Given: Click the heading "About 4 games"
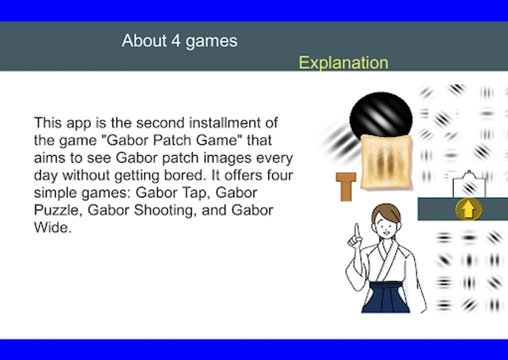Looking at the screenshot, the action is click(x=180, y=41).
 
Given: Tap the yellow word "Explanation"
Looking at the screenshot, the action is click(x=343, y=63).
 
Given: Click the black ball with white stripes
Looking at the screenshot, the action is click(x=381, y=116).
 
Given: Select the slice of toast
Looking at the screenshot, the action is click(x=386, y=162).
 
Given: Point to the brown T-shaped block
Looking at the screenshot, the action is click(x=346, y=187).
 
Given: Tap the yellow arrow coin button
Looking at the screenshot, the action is click(x=469, y=209).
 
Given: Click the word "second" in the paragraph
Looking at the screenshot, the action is click(x=161, y=123).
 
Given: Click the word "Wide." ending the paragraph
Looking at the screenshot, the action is click(x=52, y=228).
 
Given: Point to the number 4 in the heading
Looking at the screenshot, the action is click(x=176, y=41).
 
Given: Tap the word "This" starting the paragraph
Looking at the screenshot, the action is click(x=48, y=123).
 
